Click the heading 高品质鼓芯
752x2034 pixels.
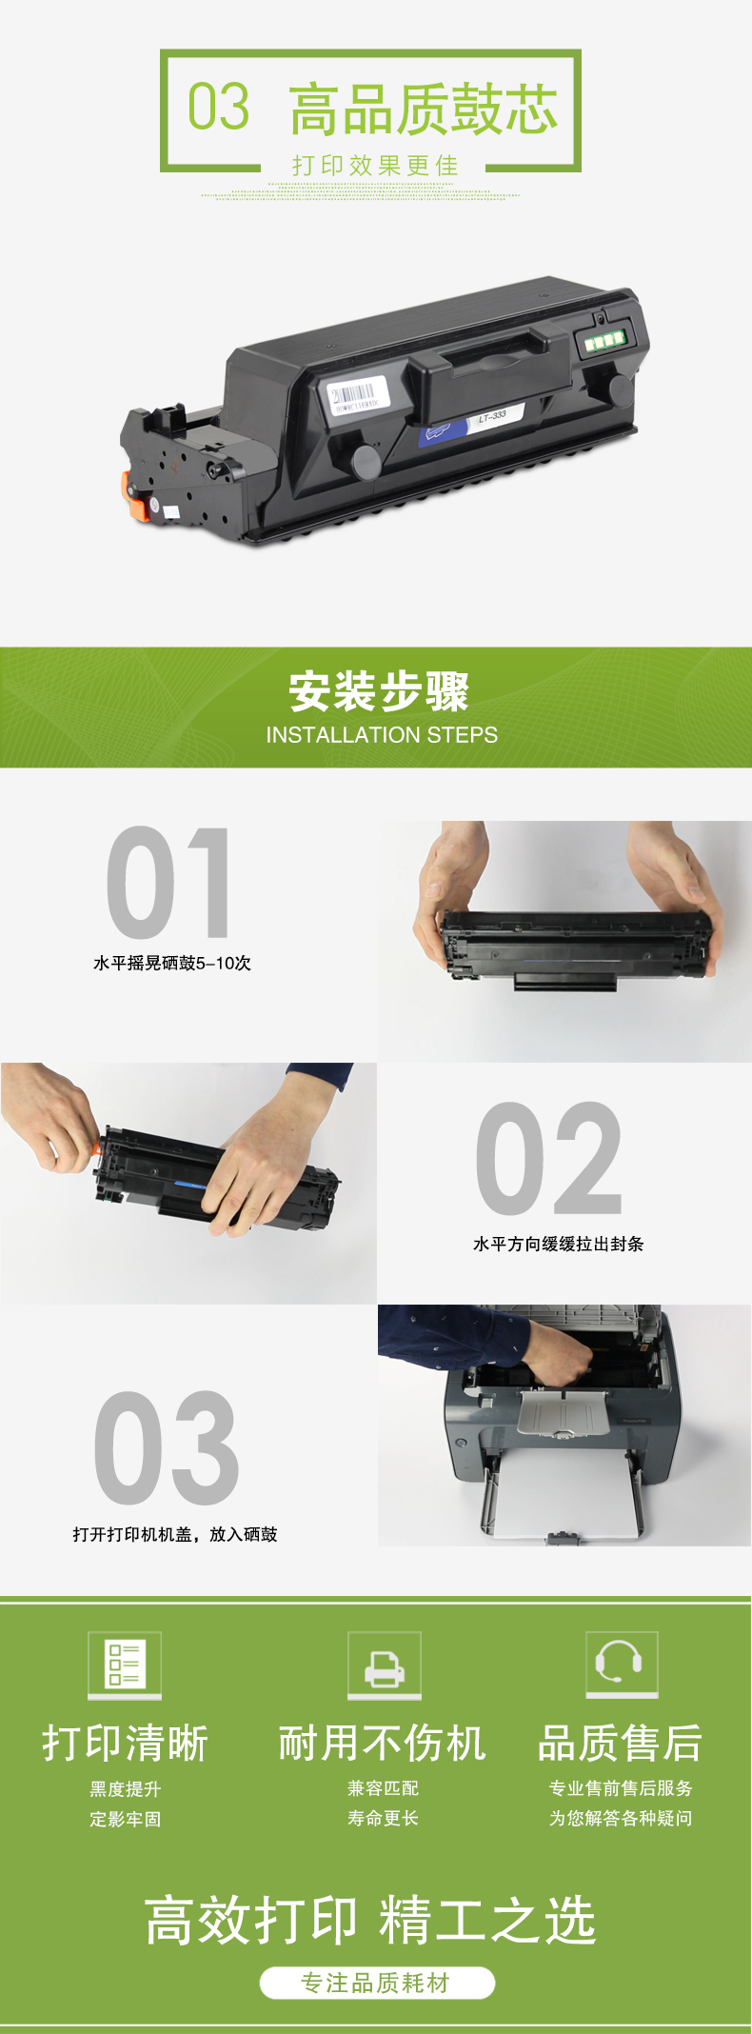coord(424,110)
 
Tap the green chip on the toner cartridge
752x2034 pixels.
coord(604,340)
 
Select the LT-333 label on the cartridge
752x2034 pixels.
coord(492,416)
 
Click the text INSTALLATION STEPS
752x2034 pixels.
coord(382,735)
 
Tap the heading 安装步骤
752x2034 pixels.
coord(379,691)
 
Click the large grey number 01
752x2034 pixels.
coord(168,883)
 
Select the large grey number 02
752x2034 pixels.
coord(549,1159)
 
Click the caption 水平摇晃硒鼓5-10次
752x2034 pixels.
coord(172,964)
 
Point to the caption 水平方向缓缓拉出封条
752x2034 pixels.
coord(559,1244)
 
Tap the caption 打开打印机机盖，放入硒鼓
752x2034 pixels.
coord(175,1534)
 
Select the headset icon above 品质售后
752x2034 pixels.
coord(622,1665)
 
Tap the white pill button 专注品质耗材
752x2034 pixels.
coord(377,1983)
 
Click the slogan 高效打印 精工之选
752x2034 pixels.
coord(370,1920)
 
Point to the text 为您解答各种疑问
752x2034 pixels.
coord(621,1818)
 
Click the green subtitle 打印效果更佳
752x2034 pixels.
coord(375,166)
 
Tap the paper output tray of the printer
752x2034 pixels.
coord(563,1413)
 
